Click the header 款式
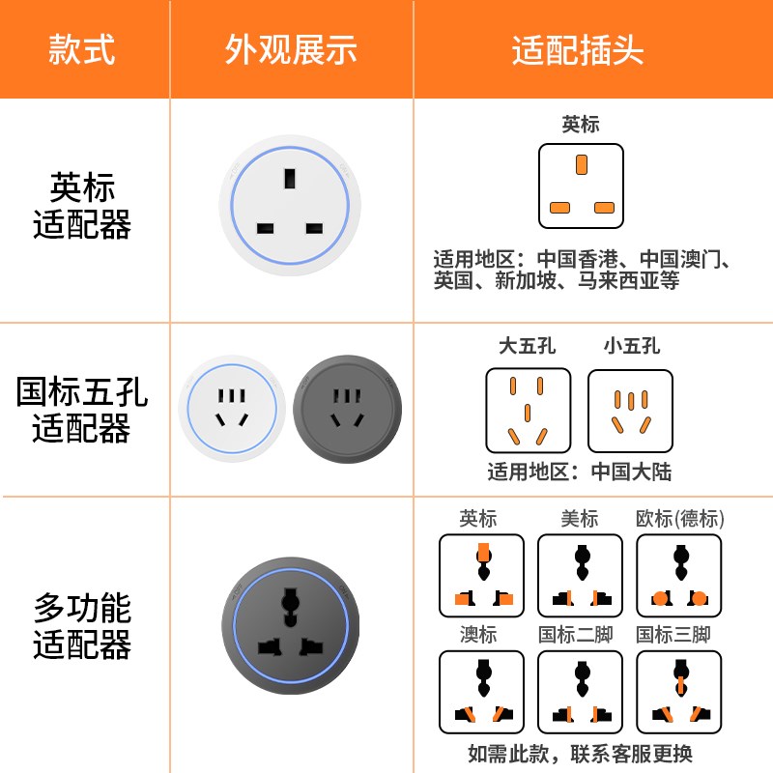[82, 49]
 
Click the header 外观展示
[291, 49]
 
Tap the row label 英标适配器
[82, 206]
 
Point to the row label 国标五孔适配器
[82, 410]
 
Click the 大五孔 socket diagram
[528, 411]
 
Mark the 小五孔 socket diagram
[630, 411]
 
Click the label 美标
[580, 519]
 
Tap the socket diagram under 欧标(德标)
[679, 577]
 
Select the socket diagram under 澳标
[481, 693]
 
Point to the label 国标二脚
[576, 635]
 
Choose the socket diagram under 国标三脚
[679, 693]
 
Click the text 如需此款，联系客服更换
[580, 754]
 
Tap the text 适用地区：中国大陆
[579, 472]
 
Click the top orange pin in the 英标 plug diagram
[581, 164]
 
